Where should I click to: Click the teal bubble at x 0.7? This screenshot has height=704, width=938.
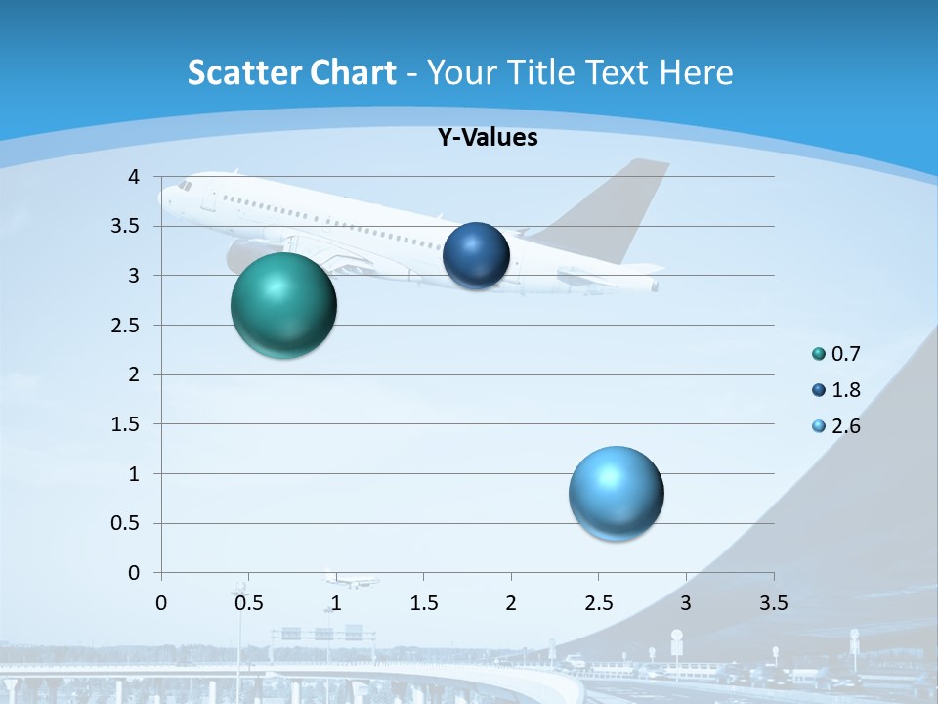click(x=283, y=305)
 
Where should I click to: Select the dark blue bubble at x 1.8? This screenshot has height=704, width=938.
click(x=476, y=255)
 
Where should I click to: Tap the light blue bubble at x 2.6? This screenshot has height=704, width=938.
click(x=616, y=492)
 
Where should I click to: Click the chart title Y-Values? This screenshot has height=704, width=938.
click(x=487, y=138)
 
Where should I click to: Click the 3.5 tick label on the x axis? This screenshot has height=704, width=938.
click(x=773, y=603)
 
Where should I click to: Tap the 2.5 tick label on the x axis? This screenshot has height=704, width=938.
click(x=598, y=603)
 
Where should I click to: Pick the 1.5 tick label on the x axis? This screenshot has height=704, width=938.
click(x=423, y=603)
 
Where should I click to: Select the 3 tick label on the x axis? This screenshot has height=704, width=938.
click(x=686, y=603)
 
